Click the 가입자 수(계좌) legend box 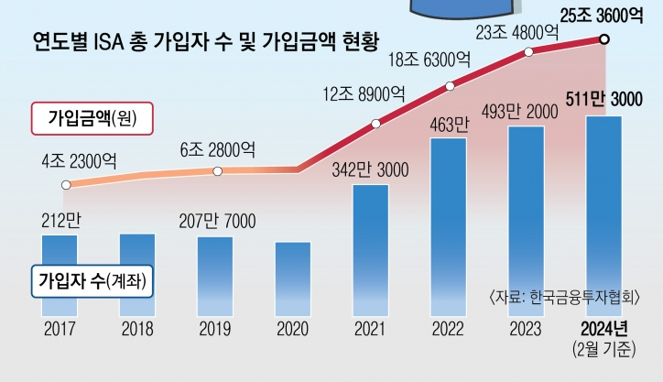92,278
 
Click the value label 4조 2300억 78,161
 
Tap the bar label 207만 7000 216,221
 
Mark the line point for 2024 604,38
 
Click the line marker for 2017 65,185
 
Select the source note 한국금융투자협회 564,297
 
